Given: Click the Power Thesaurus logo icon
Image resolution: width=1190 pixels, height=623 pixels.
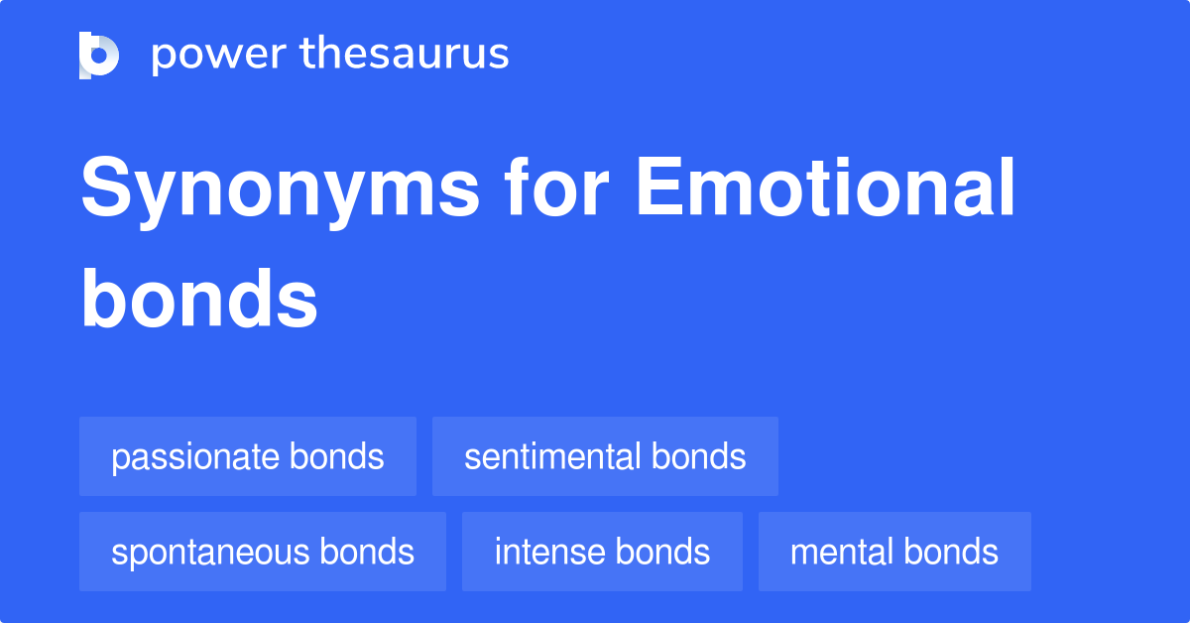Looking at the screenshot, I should [99, 55].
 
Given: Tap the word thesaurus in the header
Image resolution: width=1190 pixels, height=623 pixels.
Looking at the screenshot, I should [406, 55].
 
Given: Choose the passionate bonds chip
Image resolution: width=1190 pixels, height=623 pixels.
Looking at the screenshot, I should [248, 456].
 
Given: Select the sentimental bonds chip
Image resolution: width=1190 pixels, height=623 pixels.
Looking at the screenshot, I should [605, 456].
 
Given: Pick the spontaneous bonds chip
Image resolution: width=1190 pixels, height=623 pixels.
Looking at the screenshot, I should [263, 552].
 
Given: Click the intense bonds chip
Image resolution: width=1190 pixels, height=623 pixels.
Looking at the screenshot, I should [602, 552].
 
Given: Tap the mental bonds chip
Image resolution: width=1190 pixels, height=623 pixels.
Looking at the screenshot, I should [894, 552].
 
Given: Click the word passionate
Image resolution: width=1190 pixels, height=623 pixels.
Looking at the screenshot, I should [195, 457].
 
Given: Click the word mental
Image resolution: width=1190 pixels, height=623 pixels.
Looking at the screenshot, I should [838, 552].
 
